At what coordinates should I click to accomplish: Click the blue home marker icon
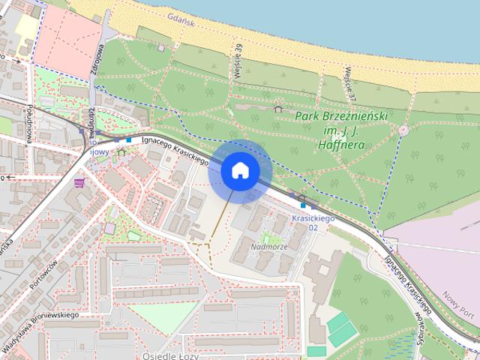pyautogui.click(x=240, y=170)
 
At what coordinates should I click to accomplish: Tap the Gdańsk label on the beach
pyautogui.click(x=181, y=22)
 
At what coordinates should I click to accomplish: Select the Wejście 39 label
pyautogui.click(x=238, y=58)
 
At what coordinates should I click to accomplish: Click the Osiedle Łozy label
pyautogui.click(x=169, y=355)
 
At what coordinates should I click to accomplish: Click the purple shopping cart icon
pyautogui.click(x=79, y=182)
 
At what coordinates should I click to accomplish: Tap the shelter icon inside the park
pyautogui.click(x=278, y=109)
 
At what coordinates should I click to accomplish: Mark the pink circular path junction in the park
pyautogui.click(x=403, y=130)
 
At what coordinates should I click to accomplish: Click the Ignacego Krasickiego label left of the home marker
pyautogui.click(x=174, y=148)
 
